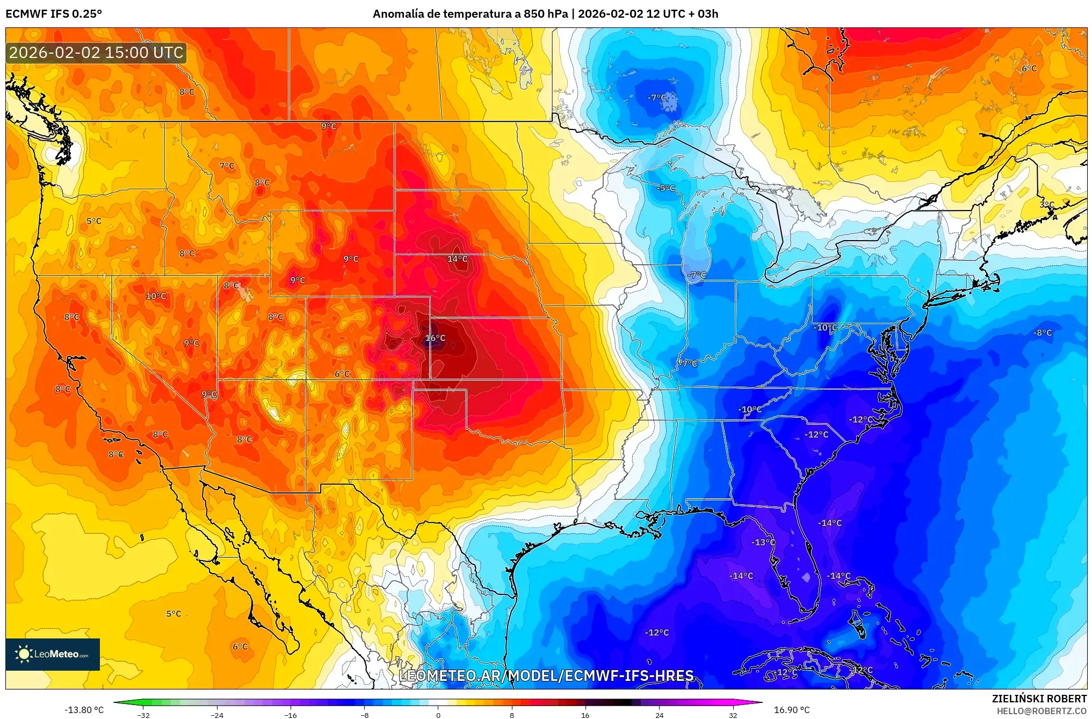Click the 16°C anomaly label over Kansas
435,338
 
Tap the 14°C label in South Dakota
457,259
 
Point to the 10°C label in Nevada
156,296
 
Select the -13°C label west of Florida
763,542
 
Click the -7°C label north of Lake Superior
657,98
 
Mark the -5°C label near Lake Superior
666,188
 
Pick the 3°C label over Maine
1047,205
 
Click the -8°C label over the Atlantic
1043,333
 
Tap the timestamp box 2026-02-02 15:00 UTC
96,53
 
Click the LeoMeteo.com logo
53,654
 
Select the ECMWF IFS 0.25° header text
54,14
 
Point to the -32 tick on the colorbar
143,715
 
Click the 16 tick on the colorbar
585,715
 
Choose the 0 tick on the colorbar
438,715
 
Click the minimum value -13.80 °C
84,710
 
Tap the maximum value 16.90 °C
791,710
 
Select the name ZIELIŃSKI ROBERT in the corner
1039,699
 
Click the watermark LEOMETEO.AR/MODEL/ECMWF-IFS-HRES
546,676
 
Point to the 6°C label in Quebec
1029,69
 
